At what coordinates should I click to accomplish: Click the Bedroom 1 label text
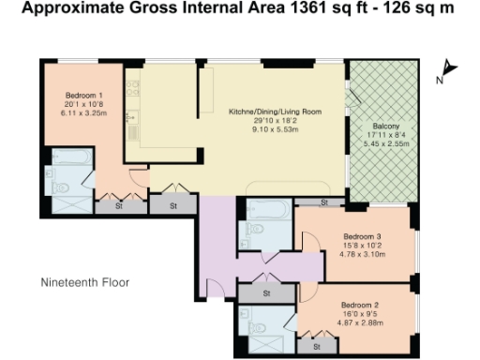pos(83,96)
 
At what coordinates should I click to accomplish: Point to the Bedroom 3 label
pos(361,235)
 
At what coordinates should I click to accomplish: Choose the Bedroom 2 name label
pos(359,306)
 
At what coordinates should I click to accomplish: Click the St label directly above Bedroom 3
pos(322,202)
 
